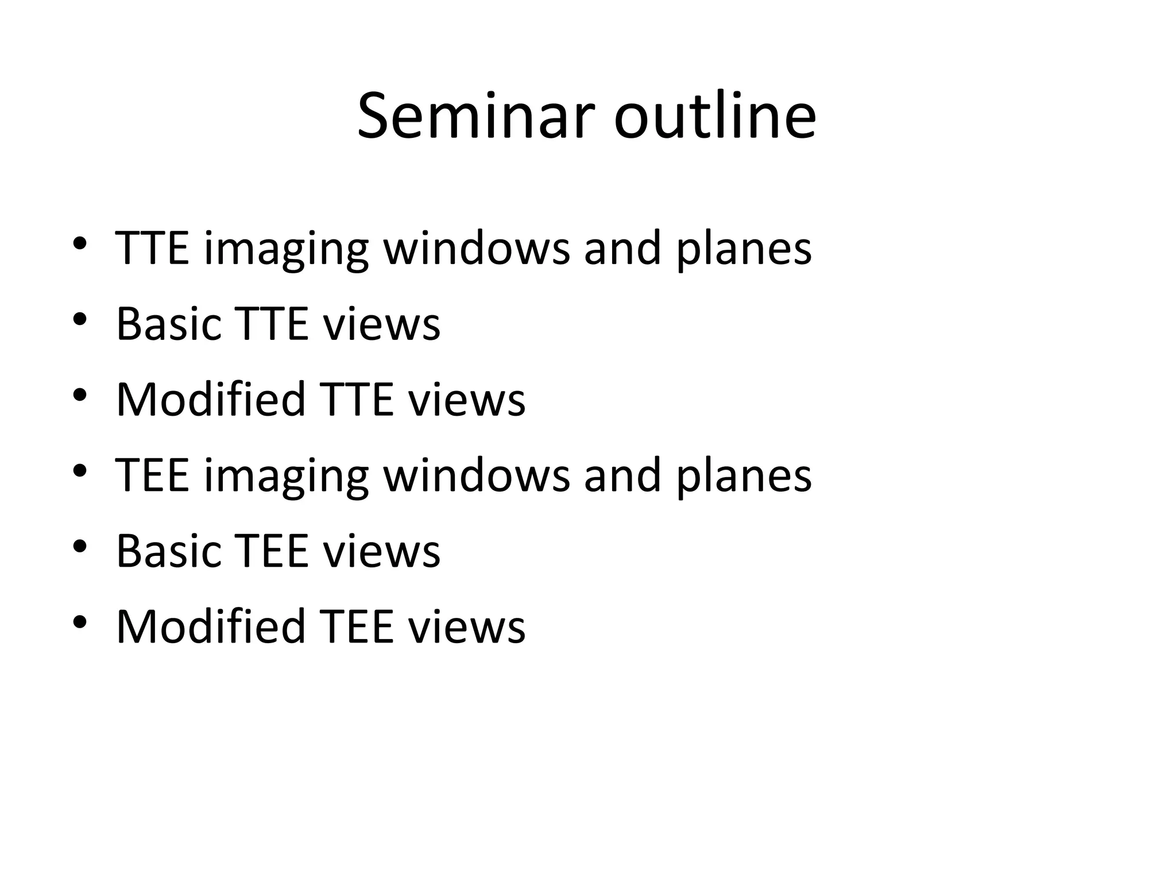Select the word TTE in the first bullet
(152, 248)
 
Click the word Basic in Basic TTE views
(169, 324)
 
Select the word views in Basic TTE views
(381, 324)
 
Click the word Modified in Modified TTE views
(210, 399)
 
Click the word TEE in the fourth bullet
(152, 475)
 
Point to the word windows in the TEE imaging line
(476, 475)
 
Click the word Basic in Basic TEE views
(169, 551)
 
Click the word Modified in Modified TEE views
(210, 626)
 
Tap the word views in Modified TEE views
(466, 626)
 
